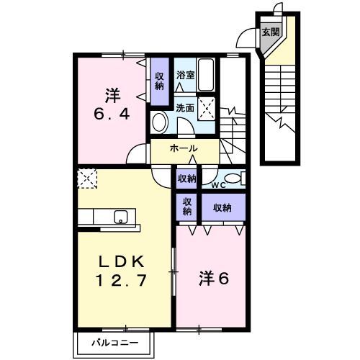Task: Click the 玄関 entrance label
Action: (270, 32)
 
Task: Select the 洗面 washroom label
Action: (185, 108)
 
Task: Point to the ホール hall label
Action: (184, 148)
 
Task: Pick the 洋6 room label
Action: (213, 276)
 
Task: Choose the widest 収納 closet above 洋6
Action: (221, 208)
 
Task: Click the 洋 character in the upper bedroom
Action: (111, 94)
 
